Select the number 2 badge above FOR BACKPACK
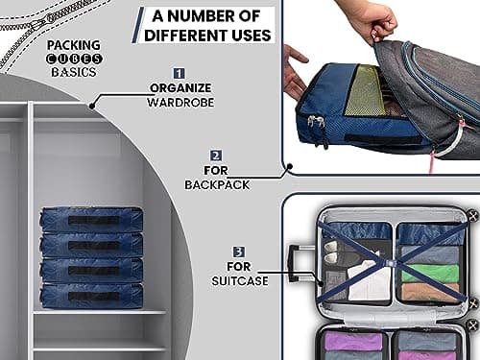coord(216,156)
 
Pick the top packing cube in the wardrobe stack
coord(91,220)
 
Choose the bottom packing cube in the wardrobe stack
coord(91,295)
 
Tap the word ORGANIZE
coord(179,87)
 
